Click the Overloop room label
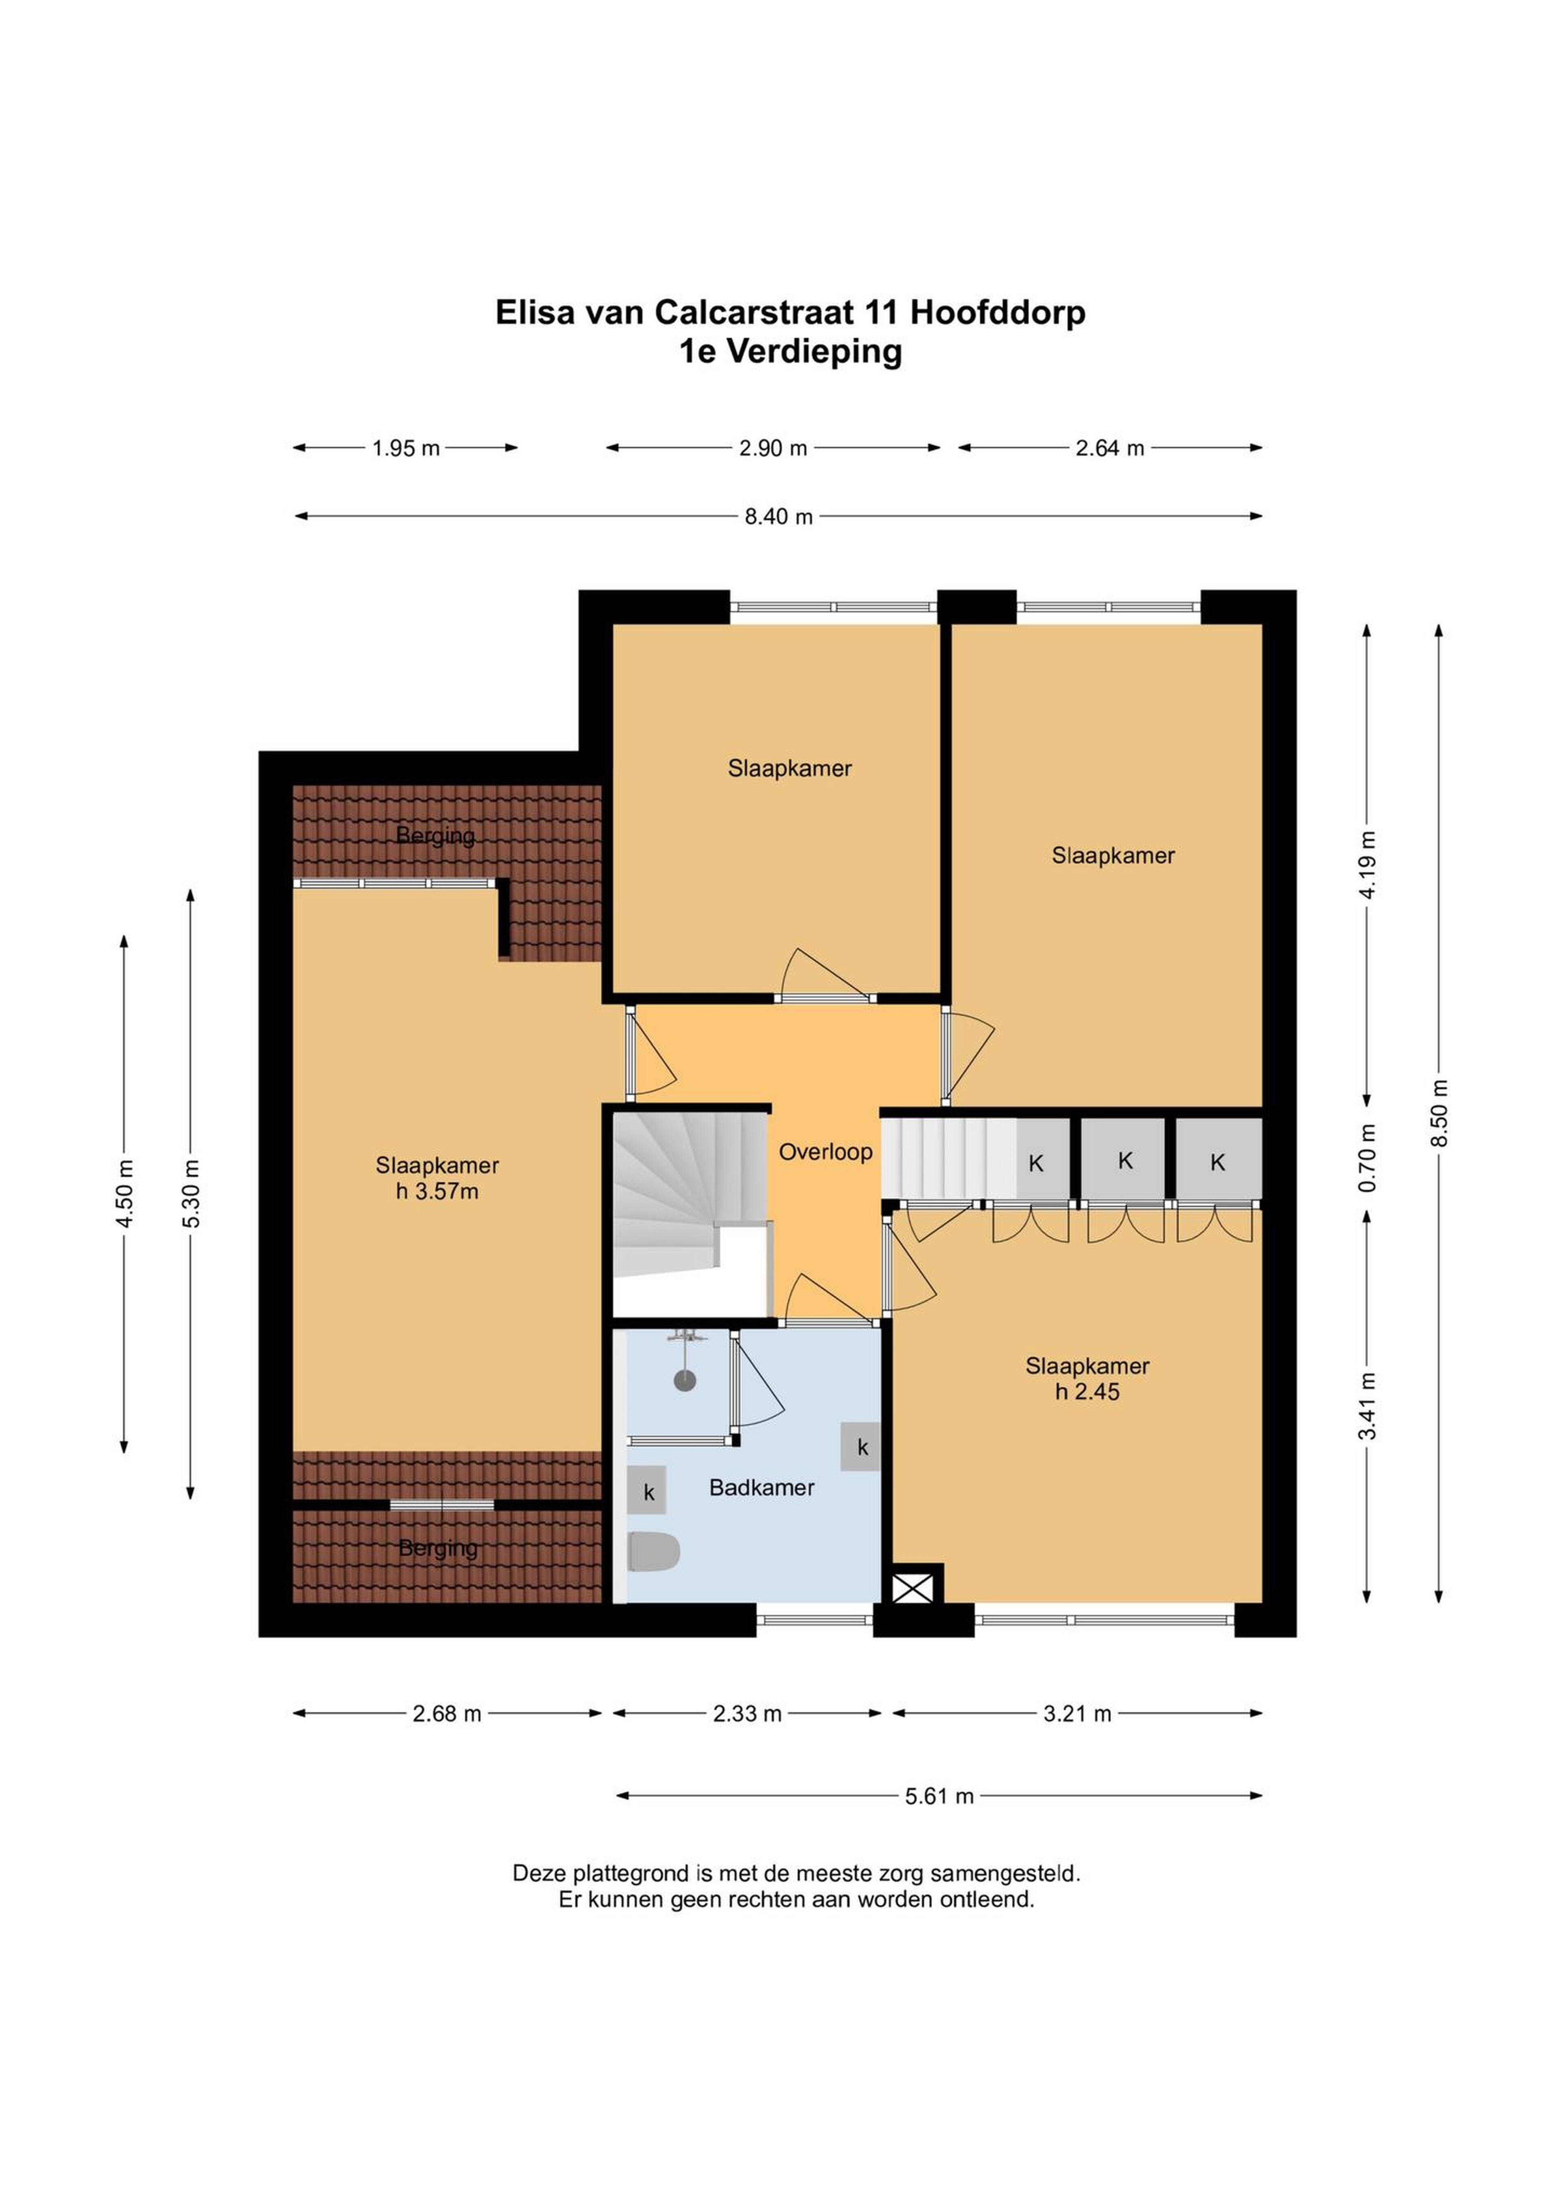coord(825,1152)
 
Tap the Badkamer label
coord(762,1488)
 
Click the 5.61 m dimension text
coord(939,1796)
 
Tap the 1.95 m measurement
coord(405,448)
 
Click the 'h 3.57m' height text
coord(437,1192)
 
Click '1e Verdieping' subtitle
coord(790,351)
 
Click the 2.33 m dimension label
coord(747,1714)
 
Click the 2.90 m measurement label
coord(773,448)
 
